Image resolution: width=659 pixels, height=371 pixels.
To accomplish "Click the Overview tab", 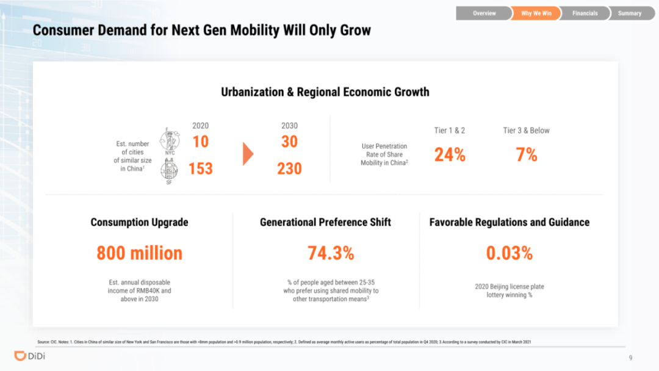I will [484, 13].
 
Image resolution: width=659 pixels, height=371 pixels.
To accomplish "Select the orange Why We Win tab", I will [536, 13].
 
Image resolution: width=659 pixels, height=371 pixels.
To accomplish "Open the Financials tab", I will [585, 13].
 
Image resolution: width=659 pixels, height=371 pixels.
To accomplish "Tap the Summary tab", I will [629, 13].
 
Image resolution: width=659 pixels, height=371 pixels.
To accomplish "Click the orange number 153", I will [200, 168].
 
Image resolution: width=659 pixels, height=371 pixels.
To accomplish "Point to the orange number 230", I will [289, 168].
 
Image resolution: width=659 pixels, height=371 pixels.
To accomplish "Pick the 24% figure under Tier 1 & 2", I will [450, 155].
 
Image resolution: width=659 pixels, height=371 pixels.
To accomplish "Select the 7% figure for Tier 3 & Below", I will [526, 155].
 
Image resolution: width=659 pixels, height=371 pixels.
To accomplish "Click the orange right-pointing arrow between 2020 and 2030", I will [248, 154].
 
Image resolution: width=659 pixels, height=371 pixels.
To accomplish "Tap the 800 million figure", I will [139, 253].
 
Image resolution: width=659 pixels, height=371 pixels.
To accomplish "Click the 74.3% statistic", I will [331, 253].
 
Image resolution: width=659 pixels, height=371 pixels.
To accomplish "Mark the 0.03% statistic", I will [509, 253].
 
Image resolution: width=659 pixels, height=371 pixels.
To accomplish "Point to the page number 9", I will [630, 357].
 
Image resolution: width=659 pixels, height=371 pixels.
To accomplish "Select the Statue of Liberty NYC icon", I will [169, 141].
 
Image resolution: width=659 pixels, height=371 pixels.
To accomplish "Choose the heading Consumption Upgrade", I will [139, 222].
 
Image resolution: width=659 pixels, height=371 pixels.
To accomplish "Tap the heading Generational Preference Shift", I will [325, 222].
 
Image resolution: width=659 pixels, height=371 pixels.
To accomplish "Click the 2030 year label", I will [289, 126].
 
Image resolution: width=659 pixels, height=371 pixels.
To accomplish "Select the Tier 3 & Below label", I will [526, 131].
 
